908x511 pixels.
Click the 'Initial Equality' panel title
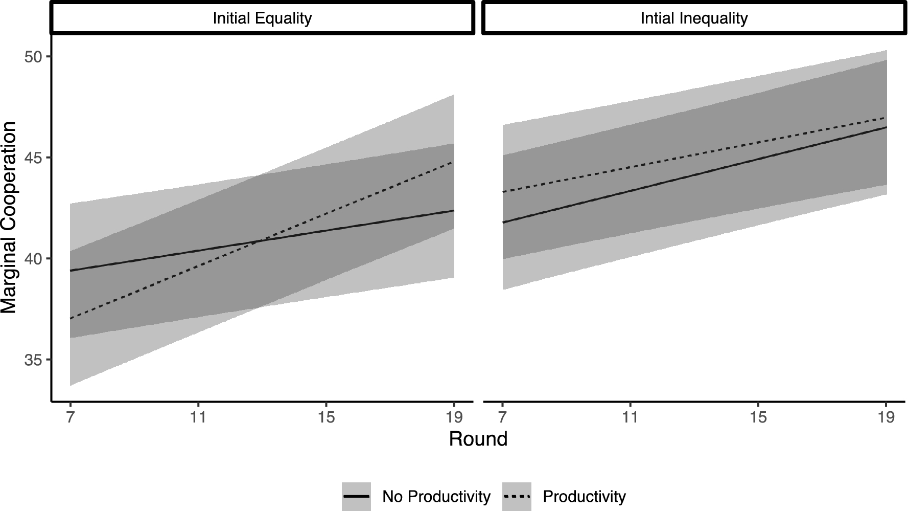click(262, 19)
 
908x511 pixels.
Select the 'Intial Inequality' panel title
click(694, 19)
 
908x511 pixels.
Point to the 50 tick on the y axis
click(36, 57)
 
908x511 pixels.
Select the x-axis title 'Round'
click(478, 439)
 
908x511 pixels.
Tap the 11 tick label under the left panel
click(198, 417)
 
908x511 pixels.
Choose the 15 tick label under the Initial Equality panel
click(326, 417)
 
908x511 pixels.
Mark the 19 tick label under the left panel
click(454, 417)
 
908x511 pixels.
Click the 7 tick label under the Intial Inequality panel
click(502, 417)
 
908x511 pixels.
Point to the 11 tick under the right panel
click(630, 417)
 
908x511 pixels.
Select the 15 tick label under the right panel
click(758, 417)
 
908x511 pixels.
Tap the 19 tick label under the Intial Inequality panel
click(886, 417)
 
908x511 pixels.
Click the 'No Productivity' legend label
click(436, 497)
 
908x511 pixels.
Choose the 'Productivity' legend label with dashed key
click(584, 497)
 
